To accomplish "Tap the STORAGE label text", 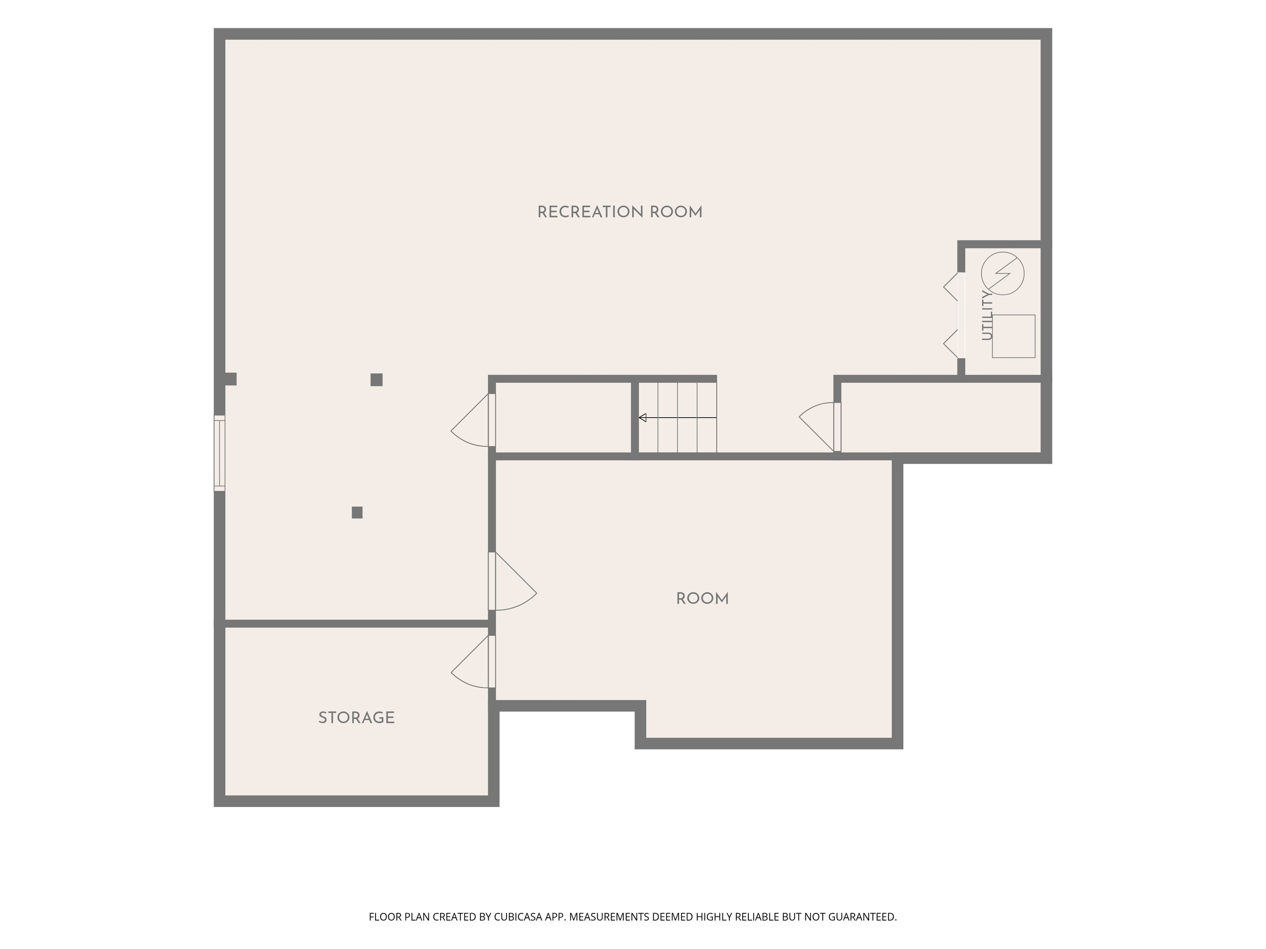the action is [x=356, y=718].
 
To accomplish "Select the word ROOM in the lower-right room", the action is [x=702, y=599].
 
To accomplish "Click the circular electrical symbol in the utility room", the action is [x=1003, y=273].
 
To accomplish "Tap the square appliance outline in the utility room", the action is [x=1014, y=337].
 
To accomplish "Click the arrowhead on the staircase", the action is [x=642, y=418].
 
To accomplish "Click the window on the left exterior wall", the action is [x=220, y=453].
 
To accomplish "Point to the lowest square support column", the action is [x=357, y=512].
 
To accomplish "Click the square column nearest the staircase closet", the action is [x=377, y=380].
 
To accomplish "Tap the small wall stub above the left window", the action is [x=231, y=379].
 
